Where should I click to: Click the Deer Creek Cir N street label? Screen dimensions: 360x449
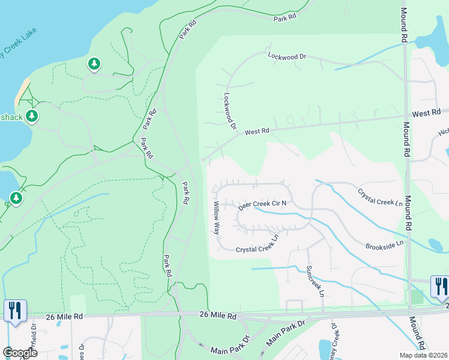[262, 205]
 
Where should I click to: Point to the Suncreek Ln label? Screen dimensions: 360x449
[314, 281]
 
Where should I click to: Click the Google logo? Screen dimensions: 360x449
[20, 353]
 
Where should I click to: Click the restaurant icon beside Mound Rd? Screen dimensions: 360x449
[441, 287]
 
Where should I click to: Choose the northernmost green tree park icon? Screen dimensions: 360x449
[94, 64]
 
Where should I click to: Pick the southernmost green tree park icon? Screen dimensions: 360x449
[16, 197]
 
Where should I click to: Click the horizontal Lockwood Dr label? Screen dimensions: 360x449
[287, 56]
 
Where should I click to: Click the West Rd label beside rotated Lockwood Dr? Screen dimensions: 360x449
[257, 130]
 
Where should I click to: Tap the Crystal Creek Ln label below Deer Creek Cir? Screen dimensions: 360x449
[258, 245]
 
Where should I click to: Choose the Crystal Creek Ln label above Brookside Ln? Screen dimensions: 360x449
[380, 197]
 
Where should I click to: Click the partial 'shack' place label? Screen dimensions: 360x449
[11, 117]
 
